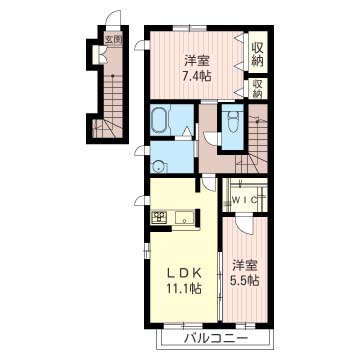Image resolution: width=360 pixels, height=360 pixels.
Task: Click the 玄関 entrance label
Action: pyautogui.click(x=113, y=40)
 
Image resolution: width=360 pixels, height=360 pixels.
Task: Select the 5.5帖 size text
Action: pyautogui.click(x=245, y=281)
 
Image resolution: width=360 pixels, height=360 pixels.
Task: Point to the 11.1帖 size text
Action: pyautogui.click(x=184, y=288)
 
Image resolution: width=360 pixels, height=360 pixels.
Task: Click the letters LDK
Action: pyautogui.click(x=184, y=273)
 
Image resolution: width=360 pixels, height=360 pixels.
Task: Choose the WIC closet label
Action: pyautogui.click(x=245, y=200)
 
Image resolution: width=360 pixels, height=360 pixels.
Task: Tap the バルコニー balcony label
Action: pyautogui.click(x=215, y=339)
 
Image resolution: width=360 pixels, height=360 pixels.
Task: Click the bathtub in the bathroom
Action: pyautogui.click(x=161, y=120)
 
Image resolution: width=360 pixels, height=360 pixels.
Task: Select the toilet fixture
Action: pyautogui.click(x=232, y=121)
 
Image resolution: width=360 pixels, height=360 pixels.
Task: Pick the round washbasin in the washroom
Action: pyautogui.click(x=159, y=166)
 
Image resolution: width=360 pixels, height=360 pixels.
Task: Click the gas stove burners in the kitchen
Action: pyautogui.click(x=160, y=218)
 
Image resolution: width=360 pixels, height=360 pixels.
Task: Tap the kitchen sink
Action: pyautogui.click(x=184, y=218)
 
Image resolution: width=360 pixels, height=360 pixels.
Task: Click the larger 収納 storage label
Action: pyautogui.click(x=257, y=54)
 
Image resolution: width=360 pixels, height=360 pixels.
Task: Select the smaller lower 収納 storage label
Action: pyautogui.click(x=257, y=88)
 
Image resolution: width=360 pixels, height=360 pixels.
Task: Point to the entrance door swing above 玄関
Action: pyautogui.click(x=113, y=17)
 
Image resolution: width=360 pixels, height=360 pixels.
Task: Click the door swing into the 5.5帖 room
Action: pyautogui.click(x=245, y=224)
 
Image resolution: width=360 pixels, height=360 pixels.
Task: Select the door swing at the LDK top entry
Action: pyautogui.click(x=210, y=182)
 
